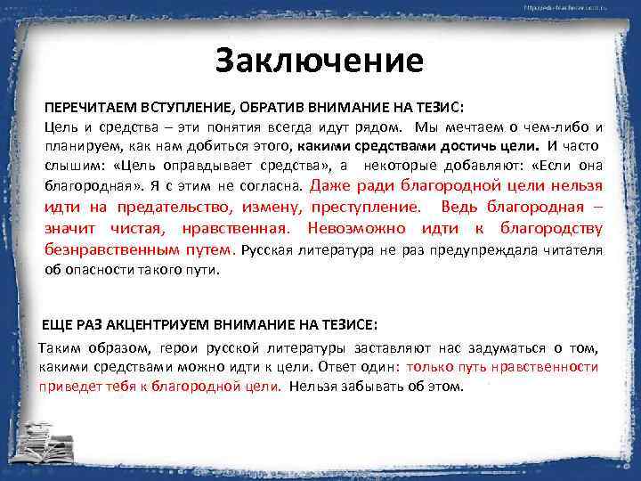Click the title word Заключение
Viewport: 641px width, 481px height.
click(x=320, y=61)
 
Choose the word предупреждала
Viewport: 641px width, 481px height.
click(x=467, y=249)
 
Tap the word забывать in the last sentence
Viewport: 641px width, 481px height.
click(x=365, y=387)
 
